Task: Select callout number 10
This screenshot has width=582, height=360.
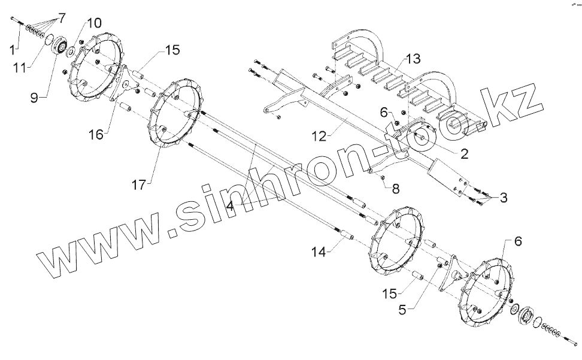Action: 95,23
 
